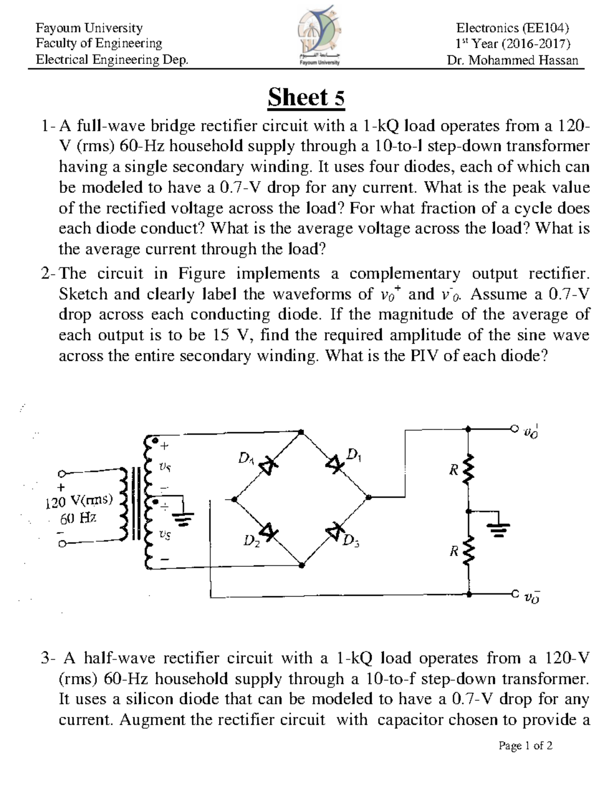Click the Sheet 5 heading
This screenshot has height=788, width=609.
tap(306, 97)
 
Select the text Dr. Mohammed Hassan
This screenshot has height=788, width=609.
tap(512, 60)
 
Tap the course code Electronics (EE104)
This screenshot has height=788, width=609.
tap(512, 27)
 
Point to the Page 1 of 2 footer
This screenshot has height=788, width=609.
tap(525, 745)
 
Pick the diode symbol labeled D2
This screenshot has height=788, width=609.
tap(270, 533)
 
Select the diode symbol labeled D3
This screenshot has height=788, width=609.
tap(334, 531)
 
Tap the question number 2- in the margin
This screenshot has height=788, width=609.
tap(49, 274)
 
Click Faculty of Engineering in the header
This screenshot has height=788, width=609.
tap(98, 44)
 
